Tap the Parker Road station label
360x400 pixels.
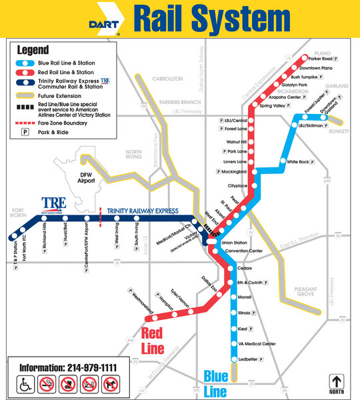[330, 58]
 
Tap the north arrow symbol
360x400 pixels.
[336, 384]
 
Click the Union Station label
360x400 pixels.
[235, 243]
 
